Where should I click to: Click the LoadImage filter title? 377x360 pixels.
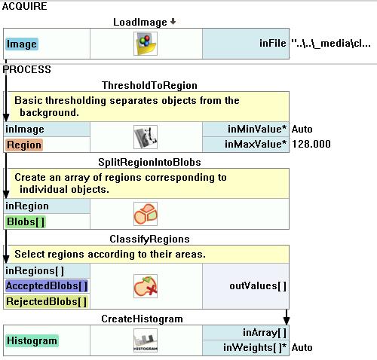[140, 22]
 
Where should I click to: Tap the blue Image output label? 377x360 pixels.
[22, 44]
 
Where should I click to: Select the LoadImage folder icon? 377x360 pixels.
[146, 44]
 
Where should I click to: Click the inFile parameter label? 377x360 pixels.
[273, 43]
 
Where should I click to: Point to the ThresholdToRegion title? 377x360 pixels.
[149, 85]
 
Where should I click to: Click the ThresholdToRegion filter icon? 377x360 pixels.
[146, 137]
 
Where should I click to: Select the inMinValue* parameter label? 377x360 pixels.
[257, 129]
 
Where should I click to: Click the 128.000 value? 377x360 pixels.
[311, 144]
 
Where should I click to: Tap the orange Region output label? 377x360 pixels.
[24, 145]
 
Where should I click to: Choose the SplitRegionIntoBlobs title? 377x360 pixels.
[149, 162]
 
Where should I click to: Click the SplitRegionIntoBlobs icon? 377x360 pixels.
[146, 214]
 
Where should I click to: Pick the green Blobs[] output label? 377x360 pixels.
[26, 222]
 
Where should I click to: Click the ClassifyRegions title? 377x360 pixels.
[149, 239]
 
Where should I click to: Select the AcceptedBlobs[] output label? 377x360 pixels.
[47, 286]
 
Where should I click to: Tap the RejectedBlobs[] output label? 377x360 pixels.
[46, 301]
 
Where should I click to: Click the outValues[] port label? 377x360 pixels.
[258, 286]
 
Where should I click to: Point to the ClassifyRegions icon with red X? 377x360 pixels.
[146, 286]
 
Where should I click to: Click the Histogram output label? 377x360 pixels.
[32, 340]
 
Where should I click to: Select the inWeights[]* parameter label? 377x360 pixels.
[255, 348]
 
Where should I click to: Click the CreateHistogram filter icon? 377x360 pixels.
[146, 340]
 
